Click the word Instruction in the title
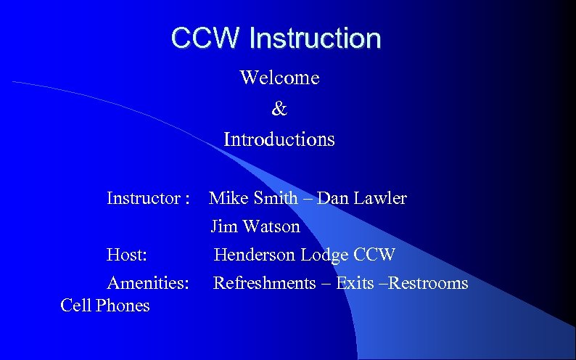[x=313, y=38]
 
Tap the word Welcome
[x=279, y=78]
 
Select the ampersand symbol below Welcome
[x=279, y=109]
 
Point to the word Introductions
[x=279, y=139]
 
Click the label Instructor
[x=144, y=198]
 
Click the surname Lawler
[x=383, y=198]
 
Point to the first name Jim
[x=224, y=227]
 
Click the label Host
[x=128, y=255]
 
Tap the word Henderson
[x=255, y=255]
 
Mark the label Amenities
[x=148, y=283]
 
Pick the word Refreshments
[x=264, y=283]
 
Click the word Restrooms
[x=429, y=283]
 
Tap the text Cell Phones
[x=105, y=306]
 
